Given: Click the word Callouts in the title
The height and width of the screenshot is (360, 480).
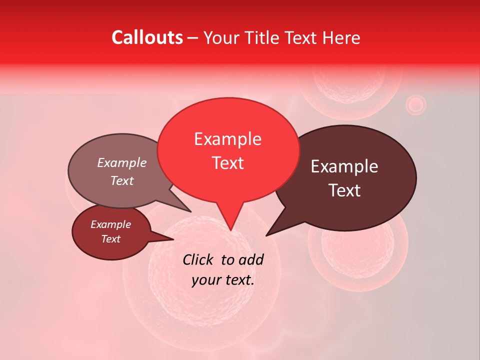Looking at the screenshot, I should click(x=147, y=37).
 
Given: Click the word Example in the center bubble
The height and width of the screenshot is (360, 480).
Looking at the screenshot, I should click(x=228, y=139).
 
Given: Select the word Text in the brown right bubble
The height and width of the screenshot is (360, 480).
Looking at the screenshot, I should click(x=344, y=190).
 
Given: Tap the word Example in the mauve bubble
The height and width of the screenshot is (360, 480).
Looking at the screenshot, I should click(x=121, y=163).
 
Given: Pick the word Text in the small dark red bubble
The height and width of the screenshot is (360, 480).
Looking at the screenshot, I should click(x=111, y=239).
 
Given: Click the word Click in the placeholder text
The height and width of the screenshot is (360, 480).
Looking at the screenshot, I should click(x=198, y=259).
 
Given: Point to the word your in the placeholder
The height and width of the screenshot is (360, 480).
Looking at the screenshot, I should click(x=205, y=280).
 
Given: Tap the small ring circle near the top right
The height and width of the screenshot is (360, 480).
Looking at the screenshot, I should click(x=415, y=105).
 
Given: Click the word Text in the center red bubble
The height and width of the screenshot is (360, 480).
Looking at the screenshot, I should click(x=228, y=163).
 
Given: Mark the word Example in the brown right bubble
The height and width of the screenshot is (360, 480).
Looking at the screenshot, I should click(x=344, y=166).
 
